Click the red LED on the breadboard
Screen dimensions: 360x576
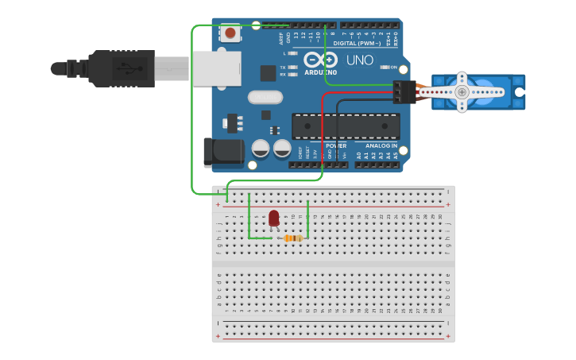(x=274, y=218)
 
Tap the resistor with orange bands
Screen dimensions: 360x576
(x=293, y=238)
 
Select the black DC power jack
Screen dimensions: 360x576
(x=222, y=153)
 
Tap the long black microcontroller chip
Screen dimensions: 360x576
(x=346, y=126)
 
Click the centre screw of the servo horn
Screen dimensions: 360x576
(x=462, y=92)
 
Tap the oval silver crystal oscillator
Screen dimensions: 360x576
(x=265, y=98)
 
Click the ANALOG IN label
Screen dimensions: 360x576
(x=381, y=146)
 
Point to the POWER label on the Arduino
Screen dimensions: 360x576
(x=336, y=146)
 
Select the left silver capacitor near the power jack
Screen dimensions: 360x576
(x=261, y=148)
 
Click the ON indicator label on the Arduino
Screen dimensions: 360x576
(x=393, y=67)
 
